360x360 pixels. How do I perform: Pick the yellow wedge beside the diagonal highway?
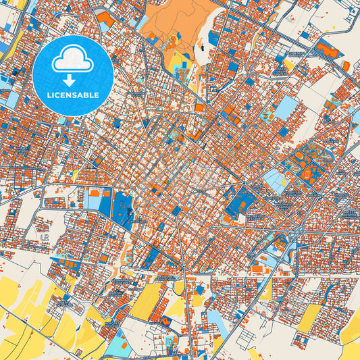289,66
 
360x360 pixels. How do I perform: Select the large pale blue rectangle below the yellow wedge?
286,107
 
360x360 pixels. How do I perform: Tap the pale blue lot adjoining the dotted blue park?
93,200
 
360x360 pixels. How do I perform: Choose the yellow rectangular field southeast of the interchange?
310,317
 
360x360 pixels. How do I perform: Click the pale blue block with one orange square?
275,180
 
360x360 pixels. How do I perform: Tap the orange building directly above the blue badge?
105,19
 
